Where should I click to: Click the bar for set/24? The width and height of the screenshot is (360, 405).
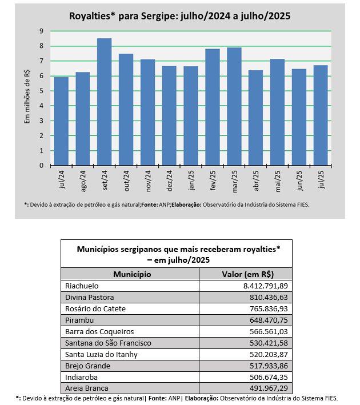(x=104, y=102)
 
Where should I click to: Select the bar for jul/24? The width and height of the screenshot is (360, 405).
(x=61, y=121)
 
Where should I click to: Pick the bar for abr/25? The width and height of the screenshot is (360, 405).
(x=255, y=118)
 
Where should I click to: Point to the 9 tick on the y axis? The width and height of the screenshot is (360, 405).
(x=41, y=31)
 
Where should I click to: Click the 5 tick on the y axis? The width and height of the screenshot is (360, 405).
(x=41, y=91)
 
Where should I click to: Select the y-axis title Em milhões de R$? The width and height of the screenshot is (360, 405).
(x=26, y=98)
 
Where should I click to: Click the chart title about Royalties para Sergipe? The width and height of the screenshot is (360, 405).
(x=179, y=16)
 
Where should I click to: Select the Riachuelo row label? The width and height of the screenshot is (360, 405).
(x=82, y=286)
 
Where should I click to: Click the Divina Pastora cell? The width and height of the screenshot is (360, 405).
(x=89, y=297)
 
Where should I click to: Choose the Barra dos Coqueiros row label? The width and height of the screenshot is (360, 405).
(x=99, y=331)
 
